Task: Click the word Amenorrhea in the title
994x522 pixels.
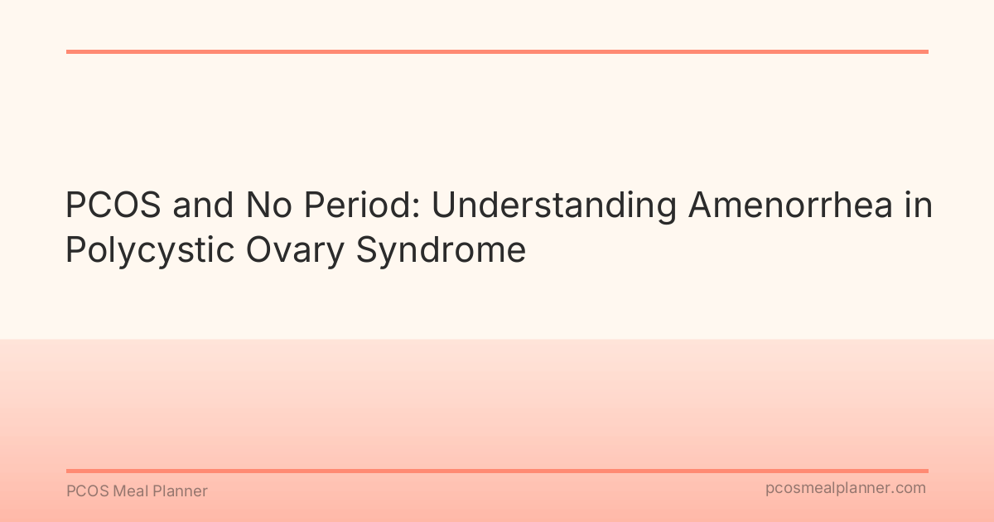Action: (790, 206)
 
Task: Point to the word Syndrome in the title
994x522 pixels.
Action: (442, 249)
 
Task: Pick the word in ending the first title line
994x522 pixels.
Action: (918, 206)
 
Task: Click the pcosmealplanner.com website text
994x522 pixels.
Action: (846, 489)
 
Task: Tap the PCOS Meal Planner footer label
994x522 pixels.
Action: (137, 491)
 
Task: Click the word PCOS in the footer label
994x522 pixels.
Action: (85, 491)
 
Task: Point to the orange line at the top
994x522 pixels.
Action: (497, 51)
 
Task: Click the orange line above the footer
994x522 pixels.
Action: (497, 471)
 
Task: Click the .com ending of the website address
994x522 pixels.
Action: (910, 489)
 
